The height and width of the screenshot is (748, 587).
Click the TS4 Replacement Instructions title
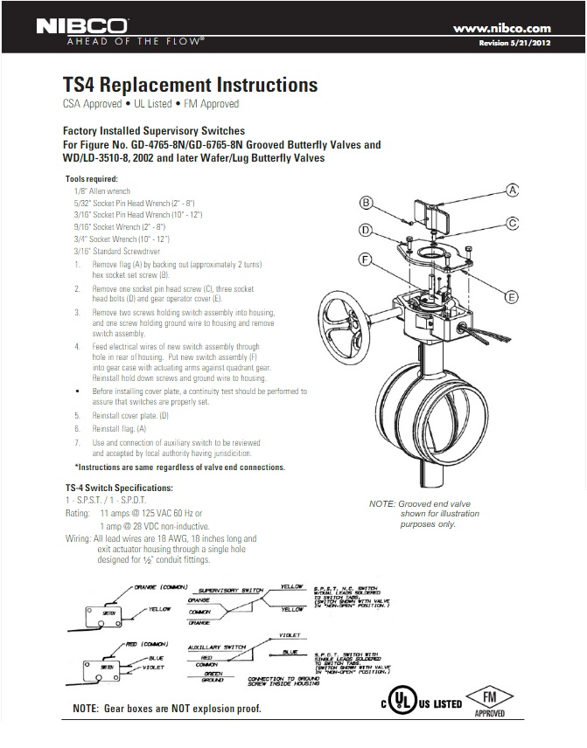(191, 86)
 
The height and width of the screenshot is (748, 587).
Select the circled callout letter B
(367, 204)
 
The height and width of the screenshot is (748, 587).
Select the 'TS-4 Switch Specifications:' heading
(119, 487)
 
